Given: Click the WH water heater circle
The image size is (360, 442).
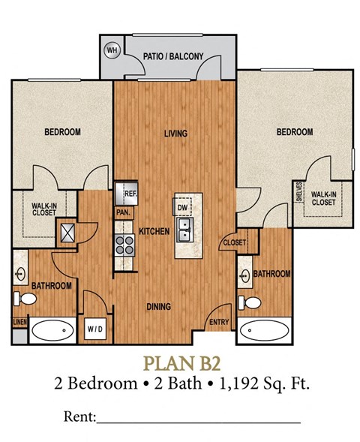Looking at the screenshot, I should tap(113, 50).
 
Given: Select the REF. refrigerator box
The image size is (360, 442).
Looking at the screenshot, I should tap(127, 193).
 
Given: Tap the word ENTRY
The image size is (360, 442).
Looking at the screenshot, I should tap(219, 323).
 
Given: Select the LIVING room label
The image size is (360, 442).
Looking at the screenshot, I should tap(175, 134).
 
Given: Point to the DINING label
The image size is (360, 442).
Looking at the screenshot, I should tap(158, 306).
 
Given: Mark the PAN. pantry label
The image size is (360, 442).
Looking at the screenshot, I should tap(124, 212).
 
